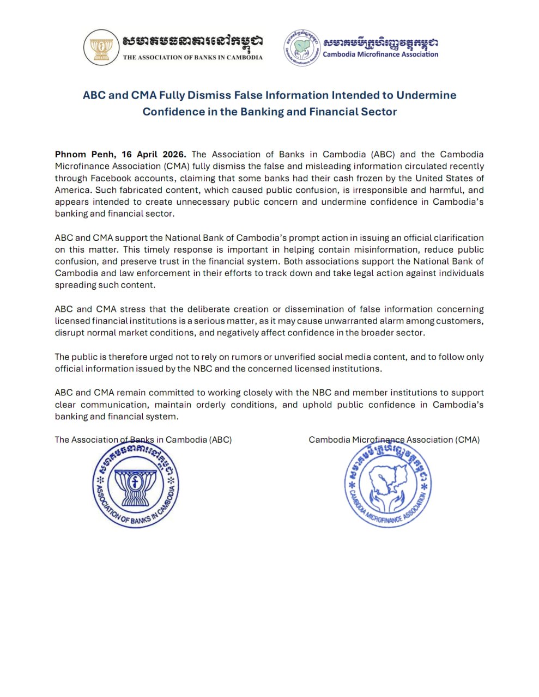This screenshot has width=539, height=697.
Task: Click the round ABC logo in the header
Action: coord(101,48)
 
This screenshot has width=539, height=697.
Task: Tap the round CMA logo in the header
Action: coord(301,48)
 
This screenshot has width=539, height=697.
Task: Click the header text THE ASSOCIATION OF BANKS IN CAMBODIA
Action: coord(192,57)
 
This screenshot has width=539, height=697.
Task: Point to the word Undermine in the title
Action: coord(426,95)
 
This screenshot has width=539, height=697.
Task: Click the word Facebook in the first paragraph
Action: coord(111,178)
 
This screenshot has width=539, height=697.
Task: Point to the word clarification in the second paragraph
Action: coord(458,238)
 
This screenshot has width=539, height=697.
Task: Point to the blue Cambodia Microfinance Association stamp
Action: coord(387,486)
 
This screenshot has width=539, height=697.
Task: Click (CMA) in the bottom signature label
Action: coord(468,439)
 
